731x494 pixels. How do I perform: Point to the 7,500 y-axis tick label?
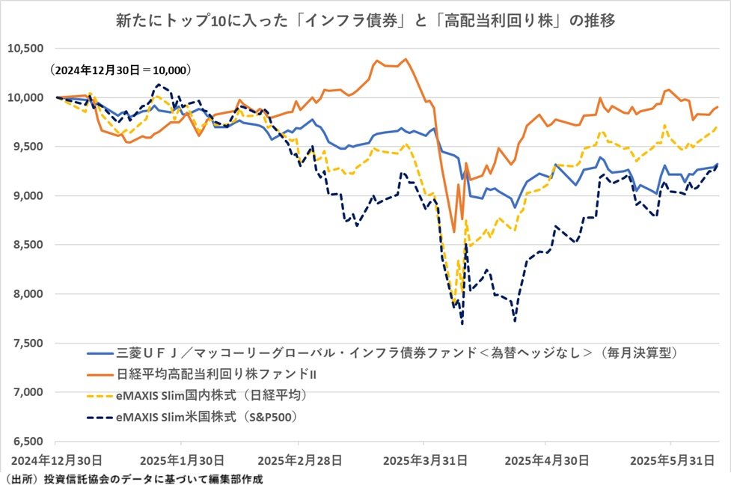(x=28, y=344)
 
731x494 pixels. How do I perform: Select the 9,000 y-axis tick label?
(x=28, y=196)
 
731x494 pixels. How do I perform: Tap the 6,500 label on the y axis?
(x=28, y=442)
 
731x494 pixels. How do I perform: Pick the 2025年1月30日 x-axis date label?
(x=183, y=459)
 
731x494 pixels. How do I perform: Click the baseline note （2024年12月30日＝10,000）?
(x=121, y=71)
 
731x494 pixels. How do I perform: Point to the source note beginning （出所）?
(x=132, y=479)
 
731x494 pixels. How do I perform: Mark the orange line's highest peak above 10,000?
(x=406, y=59)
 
